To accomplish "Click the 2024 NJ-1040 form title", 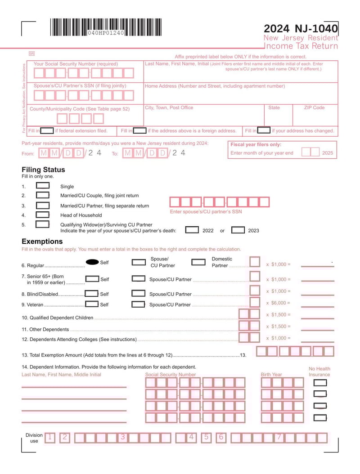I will pos(300,29).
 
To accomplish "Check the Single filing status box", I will pos(43,186).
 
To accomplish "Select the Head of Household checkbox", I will pos(43,215).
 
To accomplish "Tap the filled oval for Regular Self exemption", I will pos(92,262).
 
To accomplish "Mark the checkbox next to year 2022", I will pos(192,230).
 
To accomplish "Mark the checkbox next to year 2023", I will pos(238,230).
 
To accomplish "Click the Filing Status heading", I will pos(43,170).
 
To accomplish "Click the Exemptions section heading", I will pos(42,241).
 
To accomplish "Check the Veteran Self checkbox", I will pos(92,304).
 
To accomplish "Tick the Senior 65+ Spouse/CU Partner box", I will pos(138,279).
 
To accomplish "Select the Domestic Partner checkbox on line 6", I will pos(198,262).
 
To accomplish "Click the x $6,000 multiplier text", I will pos(278,303).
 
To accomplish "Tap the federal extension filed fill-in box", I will pos(47,131).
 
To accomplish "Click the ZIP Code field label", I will pos(314,108).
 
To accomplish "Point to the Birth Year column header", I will pos(271,375).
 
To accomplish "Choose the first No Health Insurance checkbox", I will pos(320,383).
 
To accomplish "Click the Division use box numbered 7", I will pos(279,437).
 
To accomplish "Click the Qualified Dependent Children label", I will pos(58,318).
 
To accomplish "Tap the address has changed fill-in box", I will pos(264,131).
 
